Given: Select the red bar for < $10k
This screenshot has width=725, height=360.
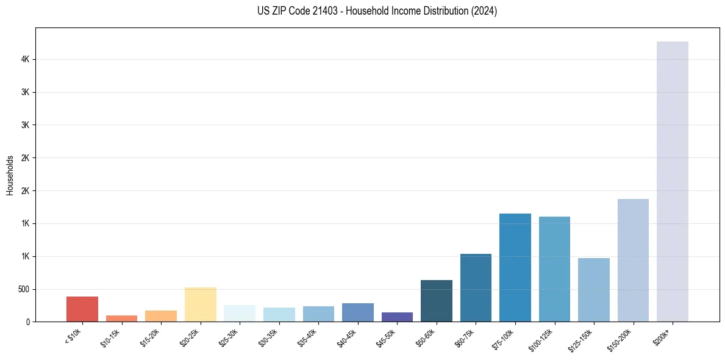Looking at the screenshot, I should (82, 309).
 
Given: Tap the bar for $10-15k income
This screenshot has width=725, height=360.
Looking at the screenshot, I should (121, 318).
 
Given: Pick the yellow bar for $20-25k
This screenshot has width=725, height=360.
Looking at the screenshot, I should (200, 304).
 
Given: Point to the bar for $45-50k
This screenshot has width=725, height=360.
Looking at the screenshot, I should (397, 317).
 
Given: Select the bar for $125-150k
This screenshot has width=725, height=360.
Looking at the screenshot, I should (594, 290).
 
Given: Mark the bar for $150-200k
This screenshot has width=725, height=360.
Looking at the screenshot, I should (633, 260).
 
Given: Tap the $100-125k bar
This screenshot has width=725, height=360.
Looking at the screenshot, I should (554, 269).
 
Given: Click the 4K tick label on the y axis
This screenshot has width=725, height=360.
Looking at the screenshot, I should (25, 60).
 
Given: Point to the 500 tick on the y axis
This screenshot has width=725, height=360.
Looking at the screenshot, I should (23, 289).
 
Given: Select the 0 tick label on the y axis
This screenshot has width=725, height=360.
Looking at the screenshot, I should (28, 322).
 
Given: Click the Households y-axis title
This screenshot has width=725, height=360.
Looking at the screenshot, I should (10, 175).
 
